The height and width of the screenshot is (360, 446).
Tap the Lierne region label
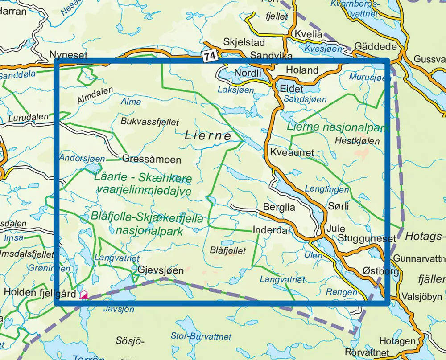208,136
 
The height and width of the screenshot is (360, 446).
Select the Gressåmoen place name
152,159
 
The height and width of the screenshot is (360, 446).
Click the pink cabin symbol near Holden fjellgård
83,294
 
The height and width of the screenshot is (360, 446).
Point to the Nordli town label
246,72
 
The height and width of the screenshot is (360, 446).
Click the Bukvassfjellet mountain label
149,122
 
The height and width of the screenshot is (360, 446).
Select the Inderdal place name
271,230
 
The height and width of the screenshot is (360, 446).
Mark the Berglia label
279,207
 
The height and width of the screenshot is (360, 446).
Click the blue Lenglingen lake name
321,189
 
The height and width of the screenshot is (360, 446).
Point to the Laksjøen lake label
235,90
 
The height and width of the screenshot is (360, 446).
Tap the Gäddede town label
376,47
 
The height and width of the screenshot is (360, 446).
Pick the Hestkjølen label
356,141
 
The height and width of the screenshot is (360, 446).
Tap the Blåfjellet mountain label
227,251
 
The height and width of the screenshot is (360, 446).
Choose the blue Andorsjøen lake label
82,158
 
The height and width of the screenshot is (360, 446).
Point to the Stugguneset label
367,239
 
